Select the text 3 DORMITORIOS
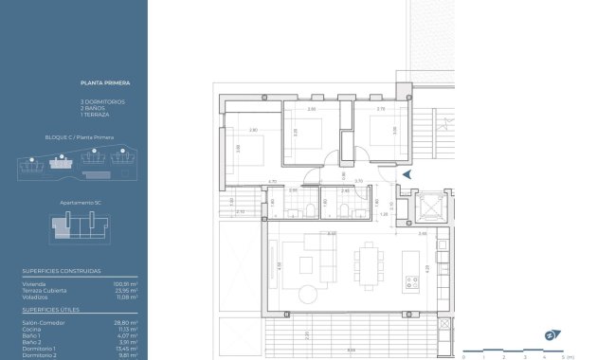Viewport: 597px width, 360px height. click(103, 101)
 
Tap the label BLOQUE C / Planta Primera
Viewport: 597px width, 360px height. click(80, 137)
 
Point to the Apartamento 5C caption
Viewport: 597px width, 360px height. click(81, 202)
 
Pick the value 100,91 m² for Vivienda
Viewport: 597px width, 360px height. click(126, 283)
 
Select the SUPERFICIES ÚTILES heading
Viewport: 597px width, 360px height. click(51, 309)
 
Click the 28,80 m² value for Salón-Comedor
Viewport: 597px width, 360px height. click(127, 322)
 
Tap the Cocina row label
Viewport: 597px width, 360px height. click(31, 329)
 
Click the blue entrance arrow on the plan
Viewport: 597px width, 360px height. click(407, 174)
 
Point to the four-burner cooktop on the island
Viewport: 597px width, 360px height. click(411, 280)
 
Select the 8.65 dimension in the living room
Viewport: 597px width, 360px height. click(332, 232)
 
